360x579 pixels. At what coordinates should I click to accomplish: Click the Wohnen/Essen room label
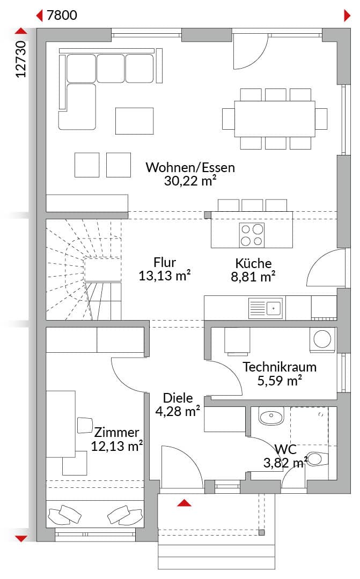[190, 168]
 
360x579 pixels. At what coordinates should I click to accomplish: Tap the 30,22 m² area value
[190, 181]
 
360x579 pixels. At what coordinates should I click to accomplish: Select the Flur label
[165, 263]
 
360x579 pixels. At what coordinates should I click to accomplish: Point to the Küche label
[253, 263]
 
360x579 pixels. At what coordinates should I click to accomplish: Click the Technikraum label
[280, 367]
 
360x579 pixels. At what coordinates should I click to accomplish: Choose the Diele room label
[178, 398]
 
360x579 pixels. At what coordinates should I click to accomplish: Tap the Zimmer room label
[116, 433]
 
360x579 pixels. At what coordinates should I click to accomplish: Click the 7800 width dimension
[62, 15]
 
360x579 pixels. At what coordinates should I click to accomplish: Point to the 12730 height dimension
[21, 59]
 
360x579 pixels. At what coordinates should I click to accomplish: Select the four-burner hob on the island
[252, 235]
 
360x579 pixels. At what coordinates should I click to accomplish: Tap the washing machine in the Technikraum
[322, 339]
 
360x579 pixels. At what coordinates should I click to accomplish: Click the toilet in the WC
[315, 459]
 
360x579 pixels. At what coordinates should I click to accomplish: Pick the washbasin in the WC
[271, 417]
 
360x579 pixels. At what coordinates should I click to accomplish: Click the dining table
[275, 118]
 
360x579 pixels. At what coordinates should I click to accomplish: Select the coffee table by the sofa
[134, 121]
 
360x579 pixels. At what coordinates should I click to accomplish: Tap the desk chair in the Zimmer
[85, 425]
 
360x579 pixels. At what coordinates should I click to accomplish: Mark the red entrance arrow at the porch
[184, 503]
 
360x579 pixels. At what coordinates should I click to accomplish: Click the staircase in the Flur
[84, 269]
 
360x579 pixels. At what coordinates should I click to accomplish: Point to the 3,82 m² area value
[285, 462]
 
